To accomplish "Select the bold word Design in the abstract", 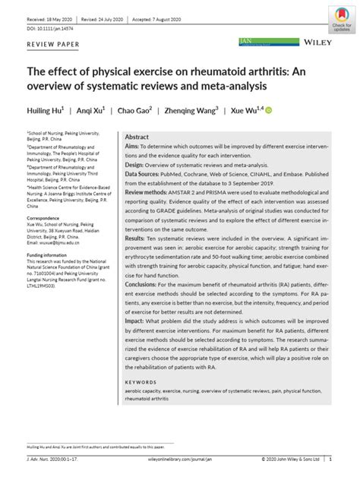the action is coord(134,163).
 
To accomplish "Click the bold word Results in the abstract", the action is coord(136,238).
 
